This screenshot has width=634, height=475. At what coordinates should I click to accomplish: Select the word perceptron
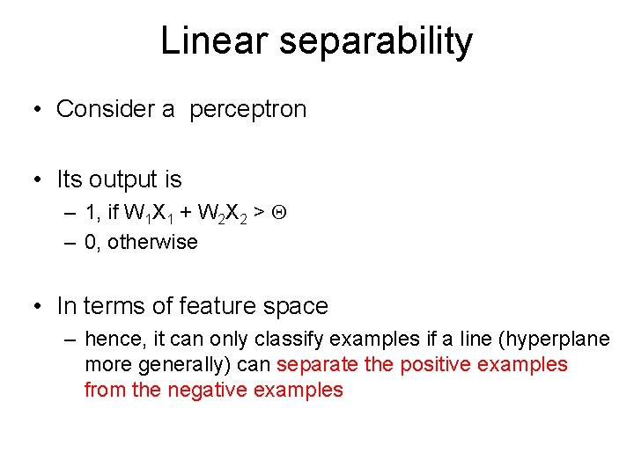coord(248,109)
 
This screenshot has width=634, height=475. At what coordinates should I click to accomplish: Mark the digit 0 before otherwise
coord(90,242)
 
